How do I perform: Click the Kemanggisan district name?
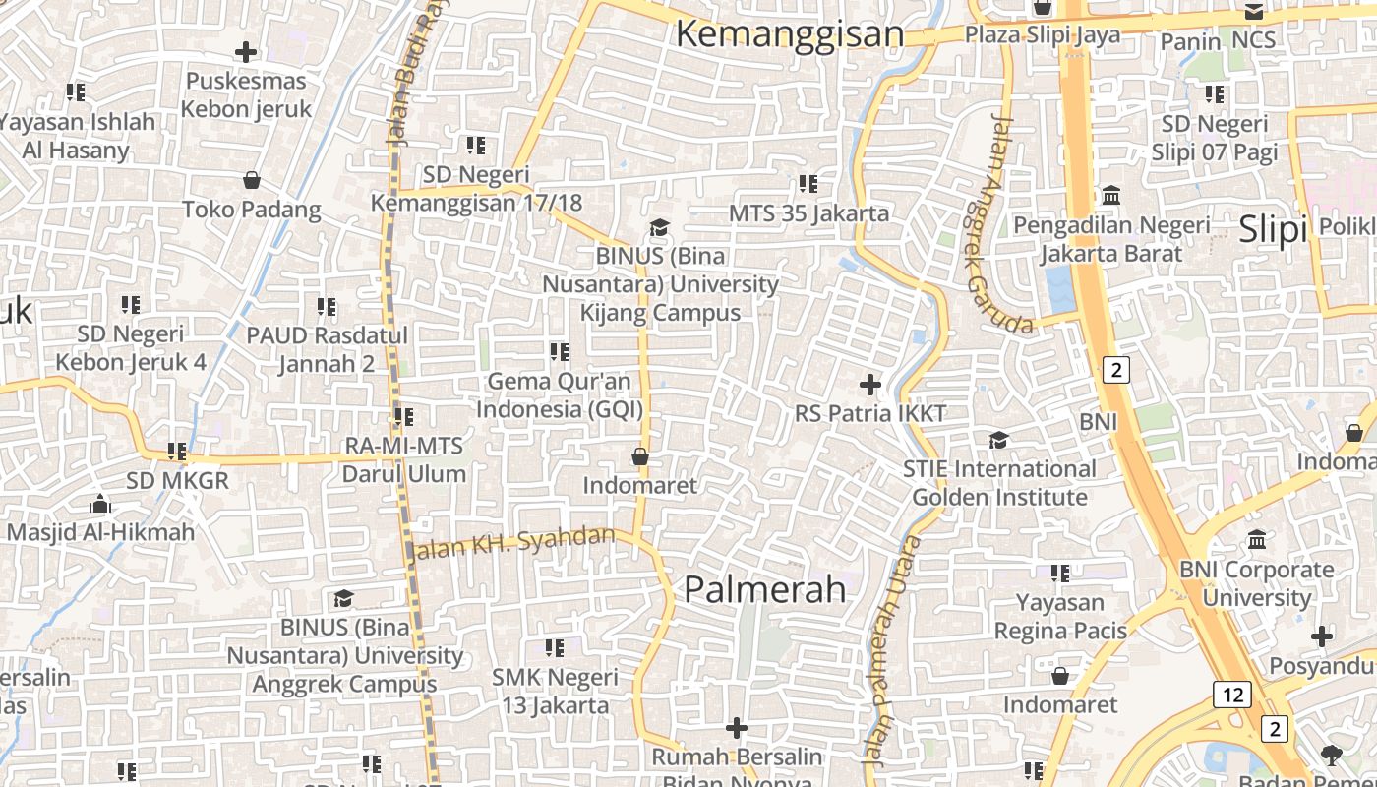point(789,34)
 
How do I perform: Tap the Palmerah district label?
point(764,589)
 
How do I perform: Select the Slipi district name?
point(1273,229)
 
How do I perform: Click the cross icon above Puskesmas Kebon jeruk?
point(246,52)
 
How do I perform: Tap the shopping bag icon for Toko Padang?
point(252,180)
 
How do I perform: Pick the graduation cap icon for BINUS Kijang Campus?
point(659,228)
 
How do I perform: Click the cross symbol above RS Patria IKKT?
point(870,385)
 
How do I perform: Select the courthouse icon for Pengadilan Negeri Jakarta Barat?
point(1112,196)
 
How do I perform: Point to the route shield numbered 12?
point(1231,695)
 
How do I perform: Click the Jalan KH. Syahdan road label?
point(513,543)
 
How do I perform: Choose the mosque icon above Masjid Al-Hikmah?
point(100,505)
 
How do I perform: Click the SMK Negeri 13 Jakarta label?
point(556,692)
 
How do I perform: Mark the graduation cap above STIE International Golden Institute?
point(999,440)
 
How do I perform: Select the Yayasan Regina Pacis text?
point(1060,616)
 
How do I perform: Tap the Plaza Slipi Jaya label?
point(1042,35)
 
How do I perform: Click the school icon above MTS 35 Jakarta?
point(808,184)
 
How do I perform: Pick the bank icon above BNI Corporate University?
point(1257,540)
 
